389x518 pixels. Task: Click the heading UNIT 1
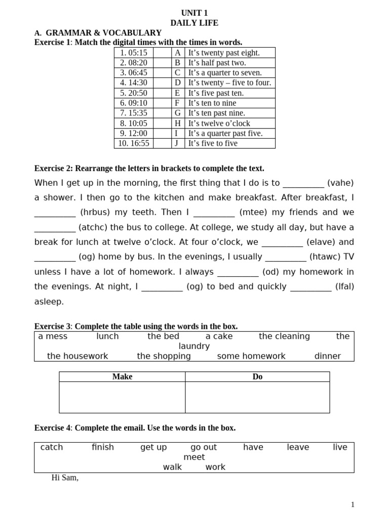click(194, 13)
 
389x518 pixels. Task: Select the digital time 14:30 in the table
click(134, 83)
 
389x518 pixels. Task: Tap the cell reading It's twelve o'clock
click(219, 123)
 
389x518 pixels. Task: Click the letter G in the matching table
click(178, 113)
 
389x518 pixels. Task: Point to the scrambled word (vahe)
click(340, 183)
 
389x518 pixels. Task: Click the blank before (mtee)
click(214, 212)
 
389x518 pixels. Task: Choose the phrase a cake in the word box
click(219, 336)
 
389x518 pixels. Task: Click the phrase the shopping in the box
click(164, 356)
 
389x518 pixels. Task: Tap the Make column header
click(122, 377)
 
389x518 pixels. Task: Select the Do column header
click(257, 377)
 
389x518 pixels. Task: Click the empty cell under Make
click(122, 397)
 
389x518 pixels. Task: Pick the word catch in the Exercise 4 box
click(52, 447)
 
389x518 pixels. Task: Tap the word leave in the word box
click(298, 447)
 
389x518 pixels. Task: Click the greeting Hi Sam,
click(65, 478)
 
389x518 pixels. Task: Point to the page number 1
click(353, 504)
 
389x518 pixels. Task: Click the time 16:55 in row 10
click(134, 144)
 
